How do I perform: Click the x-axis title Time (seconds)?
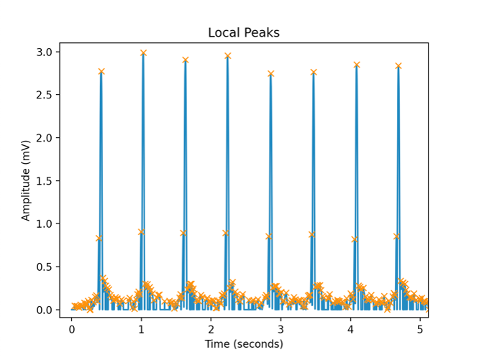click(x=244, y=344)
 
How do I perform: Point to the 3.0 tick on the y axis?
click(x=44, y=52)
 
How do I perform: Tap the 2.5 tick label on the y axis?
click(x=44, y=95)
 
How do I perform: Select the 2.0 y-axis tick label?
click(x=44, y=138)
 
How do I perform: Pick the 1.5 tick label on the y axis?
click(x=44, y=181)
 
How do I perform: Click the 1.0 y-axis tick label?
click(x=44, y=223)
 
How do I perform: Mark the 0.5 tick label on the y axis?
click(x=44, y=267)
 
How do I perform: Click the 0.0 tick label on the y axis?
click(x=44, y=310)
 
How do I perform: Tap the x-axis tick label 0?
click(x=71, y=328)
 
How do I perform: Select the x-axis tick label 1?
click(x=141, y=328)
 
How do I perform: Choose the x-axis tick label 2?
click(x=211, y=328)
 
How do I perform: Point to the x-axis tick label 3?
click(x=281, y=328)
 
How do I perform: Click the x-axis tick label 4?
click(x=351, y=328)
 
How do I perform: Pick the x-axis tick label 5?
click(x=421, y=328)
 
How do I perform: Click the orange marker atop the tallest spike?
click(x=143, y=53)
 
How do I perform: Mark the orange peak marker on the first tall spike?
click(x=101, y=71)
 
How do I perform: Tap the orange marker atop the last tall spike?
click(x=398, y=66)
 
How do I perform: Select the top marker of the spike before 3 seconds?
click(x=270, y=73)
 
